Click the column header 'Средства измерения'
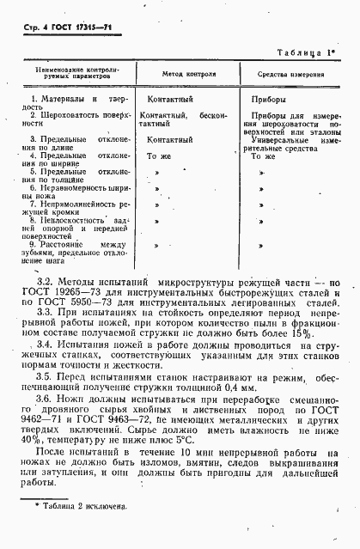[x=290, y=75]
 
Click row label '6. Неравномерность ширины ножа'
[x=75, y=192]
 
